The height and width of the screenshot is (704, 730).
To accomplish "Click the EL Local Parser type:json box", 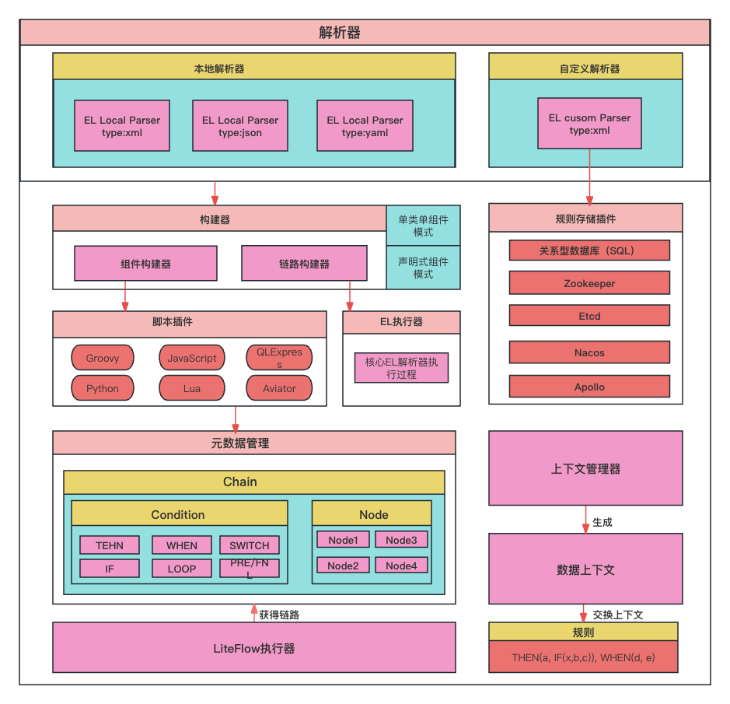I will pos(239,125).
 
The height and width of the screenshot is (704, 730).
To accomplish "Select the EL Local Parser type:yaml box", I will pos(365,125).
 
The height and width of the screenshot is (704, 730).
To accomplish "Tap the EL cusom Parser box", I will pos(589,123).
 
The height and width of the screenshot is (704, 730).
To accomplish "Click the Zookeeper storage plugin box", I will pos(589,283).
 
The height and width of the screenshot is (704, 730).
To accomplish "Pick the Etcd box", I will pos(589,316).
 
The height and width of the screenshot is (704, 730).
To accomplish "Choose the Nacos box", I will pos(589,352).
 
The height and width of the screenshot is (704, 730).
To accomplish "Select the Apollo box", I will pos(589,387).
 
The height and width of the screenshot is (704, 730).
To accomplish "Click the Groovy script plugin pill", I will pos(103,358).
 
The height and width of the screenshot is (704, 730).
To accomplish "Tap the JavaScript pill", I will pos(192,358).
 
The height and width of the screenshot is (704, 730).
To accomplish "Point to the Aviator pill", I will pos(279,388).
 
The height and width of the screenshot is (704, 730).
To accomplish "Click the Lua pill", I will pos(192,388).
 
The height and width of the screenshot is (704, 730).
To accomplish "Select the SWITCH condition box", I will pos(249,545).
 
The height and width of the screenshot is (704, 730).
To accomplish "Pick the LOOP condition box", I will pos(181,569).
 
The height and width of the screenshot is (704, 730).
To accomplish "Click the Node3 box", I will pos(401,540).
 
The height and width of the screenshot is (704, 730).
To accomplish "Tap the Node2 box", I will pos(343,566).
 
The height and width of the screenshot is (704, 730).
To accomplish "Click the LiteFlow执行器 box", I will pos(253,648).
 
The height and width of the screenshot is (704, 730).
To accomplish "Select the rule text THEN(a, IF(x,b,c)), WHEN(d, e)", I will pos(583,657).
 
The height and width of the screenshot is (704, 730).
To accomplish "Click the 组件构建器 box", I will pos(145,264).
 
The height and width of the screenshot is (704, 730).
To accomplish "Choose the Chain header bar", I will pos(253,482).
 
